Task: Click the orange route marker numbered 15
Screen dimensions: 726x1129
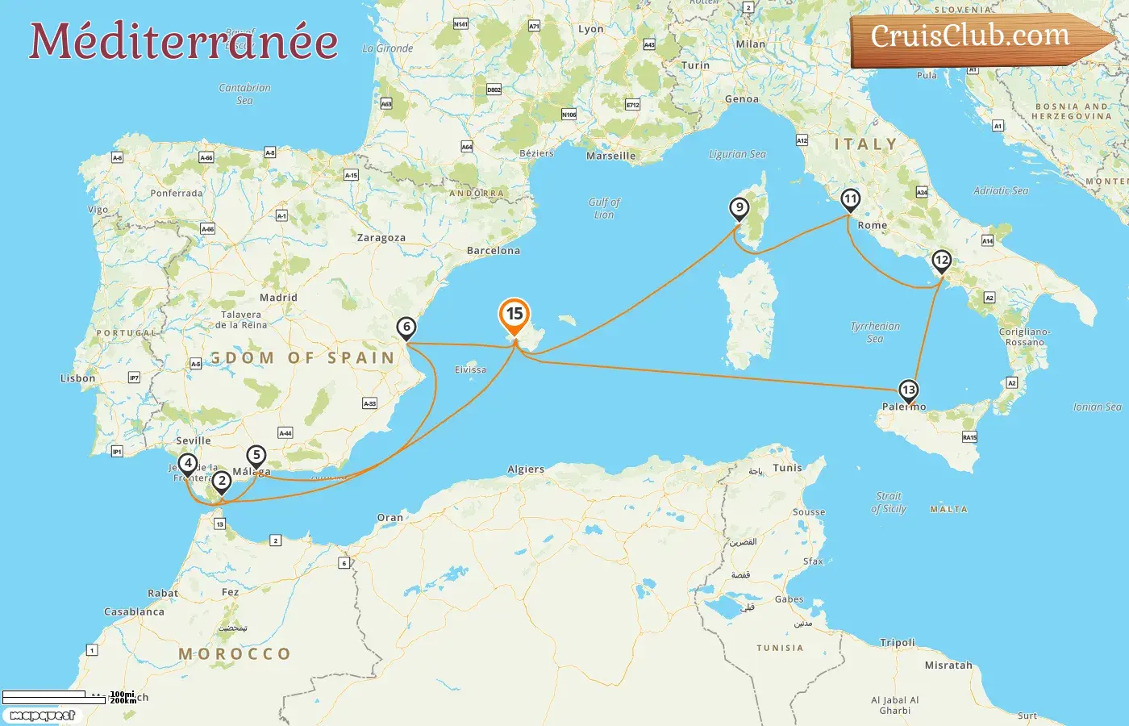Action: pyautogui.click(x=515, y=315)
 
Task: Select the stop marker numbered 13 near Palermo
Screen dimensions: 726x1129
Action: pyautogui.click(x=909, y=390)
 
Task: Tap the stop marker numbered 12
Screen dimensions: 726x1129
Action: pyautogui.click(x=941, y=261)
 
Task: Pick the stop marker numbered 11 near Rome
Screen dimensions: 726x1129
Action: pyautogui.click(x=850, y=199)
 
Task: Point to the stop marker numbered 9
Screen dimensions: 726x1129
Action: pyautogui.click(x=739, y=207)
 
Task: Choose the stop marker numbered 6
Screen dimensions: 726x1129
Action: pyautogui.click(x=406, y=328)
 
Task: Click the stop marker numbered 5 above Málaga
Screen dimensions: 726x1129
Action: pyautogui.click(x=256, y=456)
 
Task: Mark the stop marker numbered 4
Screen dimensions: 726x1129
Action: pyautogui.click(x=188, y=464)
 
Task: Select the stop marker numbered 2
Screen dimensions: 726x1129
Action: pyautogui.click(x=222, y=481)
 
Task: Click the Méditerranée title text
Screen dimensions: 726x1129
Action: pyautogui.click(x=184, y=42)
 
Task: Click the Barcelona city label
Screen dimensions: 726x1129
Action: pyautogui.click(x=494, y=251)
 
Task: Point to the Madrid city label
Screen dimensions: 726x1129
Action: pyautogui.click(x=278, y=298)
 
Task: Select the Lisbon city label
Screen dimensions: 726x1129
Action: pyautogui.click(x=78, y=378)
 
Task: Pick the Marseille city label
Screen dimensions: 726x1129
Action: pyautogui.click(x=610, y=156)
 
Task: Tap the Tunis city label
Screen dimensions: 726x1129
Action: pyautogui.click(x=788, y=468)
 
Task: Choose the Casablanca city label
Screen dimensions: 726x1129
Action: pyautogui.click(x=134, y=611)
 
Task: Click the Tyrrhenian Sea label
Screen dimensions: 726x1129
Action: pyautogui.click(x=875, y=332)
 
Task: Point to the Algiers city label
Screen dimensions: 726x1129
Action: pyautogui.click(x=526, y=469)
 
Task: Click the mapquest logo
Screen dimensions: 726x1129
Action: pyautogui.click(x=43, y=716)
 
